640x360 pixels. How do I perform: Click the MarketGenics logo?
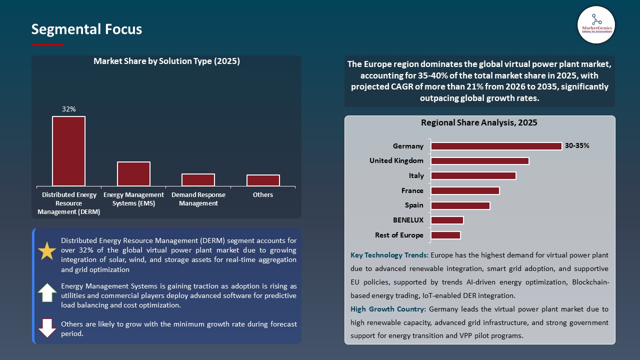(596, 24)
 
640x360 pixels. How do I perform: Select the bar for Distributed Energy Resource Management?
(68, 151)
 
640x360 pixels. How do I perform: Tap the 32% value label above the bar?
(68, 109)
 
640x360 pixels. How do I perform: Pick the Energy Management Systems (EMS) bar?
(133, 173)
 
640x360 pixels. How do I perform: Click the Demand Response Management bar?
(198, 179)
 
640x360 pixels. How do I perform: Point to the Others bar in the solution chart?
(263, 180)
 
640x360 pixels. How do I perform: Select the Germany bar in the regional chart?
(496, 146)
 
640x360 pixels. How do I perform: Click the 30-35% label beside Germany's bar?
(577, 146)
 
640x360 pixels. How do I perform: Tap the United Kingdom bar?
(479, 161)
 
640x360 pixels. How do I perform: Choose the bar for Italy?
(473, 175)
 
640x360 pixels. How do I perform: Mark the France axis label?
(412, 190)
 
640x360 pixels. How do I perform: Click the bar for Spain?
(460, 205)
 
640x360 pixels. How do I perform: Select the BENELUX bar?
(447, 220)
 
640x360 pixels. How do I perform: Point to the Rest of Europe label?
(399, 235)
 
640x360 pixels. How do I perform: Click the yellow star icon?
(47, 251)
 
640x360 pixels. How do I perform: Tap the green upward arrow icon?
(47, 292)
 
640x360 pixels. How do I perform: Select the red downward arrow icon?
(47, 327)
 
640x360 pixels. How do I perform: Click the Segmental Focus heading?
(86, 29)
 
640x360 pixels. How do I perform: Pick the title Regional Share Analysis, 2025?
(479, 122)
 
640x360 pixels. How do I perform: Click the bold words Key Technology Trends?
(389, 255)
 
